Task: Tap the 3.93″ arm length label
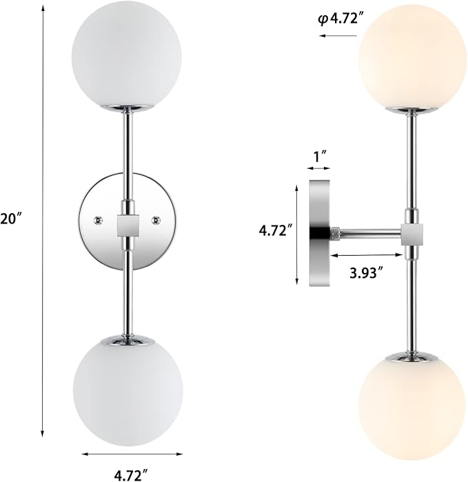pyautogui.click(x=367, y=272)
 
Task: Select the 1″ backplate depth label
pyautogui.click(x=318, y=157)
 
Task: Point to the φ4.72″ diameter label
pyautogui.click(x=338, y=19)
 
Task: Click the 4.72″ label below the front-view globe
pyautogui.click(x=131, y=474)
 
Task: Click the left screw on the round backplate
pyautogui.click(x=99, y=220)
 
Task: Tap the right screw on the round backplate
pyautogui.click(x=156, y=220)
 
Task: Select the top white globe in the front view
pyautogui.click(x=127, y=57)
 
